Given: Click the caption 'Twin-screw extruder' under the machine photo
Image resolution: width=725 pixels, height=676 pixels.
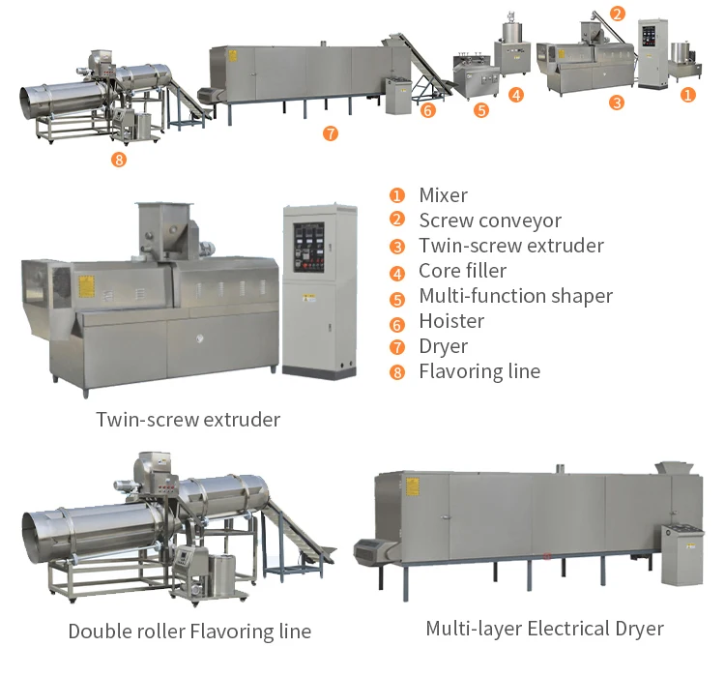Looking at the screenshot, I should pyautogui.click(x=188, y=420).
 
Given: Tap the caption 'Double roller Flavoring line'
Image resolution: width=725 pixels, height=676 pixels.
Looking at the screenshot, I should pyautogui.click(x=189, y=632).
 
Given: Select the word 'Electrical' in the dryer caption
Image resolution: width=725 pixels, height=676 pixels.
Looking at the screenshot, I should pyautogui.click(x=562, y=629).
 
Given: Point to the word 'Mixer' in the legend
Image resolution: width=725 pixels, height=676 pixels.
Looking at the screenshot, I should pyautogui.click(x=443, y=195).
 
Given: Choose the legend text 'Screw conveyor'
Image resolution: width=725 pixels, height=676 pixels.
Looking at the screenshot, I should pyautogui.click(x=489, y=220).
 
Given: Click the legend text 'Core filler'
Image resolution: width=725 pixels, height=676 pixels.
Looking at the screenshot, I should pyautogui.click(x=462, y=271).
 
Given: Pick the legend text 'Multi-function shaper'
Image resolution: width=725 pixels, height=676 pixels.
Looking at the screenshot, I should pyautogui.click(x=515, y=296).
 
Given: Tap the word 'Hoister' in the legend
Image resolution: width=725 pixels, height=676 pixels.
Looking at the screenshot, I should pyautogui.click(x=451, y=321).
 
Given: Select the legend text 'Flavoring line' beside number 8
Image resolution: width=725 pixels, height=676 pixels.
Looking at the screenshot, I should pyautogui.click(x=479, y=371).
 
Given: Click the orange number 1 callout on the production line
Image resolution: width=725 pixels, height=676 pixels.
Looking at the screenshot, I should pyautogui.click(x=687, y=95).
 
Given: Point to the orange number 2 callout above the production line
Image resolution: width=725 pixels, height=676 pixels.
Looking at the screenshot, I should pyautogui.click(x=618, y=14).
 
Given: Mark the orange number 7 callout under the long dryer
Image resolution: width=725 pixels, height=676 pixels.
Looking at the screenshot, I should pyautogui.click(x=331, y=133).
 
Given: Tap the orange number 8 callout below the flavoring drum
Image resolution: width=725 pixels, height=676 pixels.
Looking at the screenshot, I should pyautogui.click(x=119, y=160).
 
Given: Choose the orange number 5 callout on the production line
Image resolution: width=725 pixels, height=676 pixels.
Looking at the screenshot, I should pyautogui.click(x=481, y=111).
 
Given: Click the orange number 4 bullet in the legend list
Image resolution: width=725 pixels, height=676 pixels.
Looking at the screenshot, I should pyautogui.click(x=397, y=272).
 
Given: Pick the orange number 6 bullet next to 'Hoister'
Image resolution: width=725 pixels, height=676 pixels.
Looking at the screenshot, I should pyautogui.click(x=397, y=322).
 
